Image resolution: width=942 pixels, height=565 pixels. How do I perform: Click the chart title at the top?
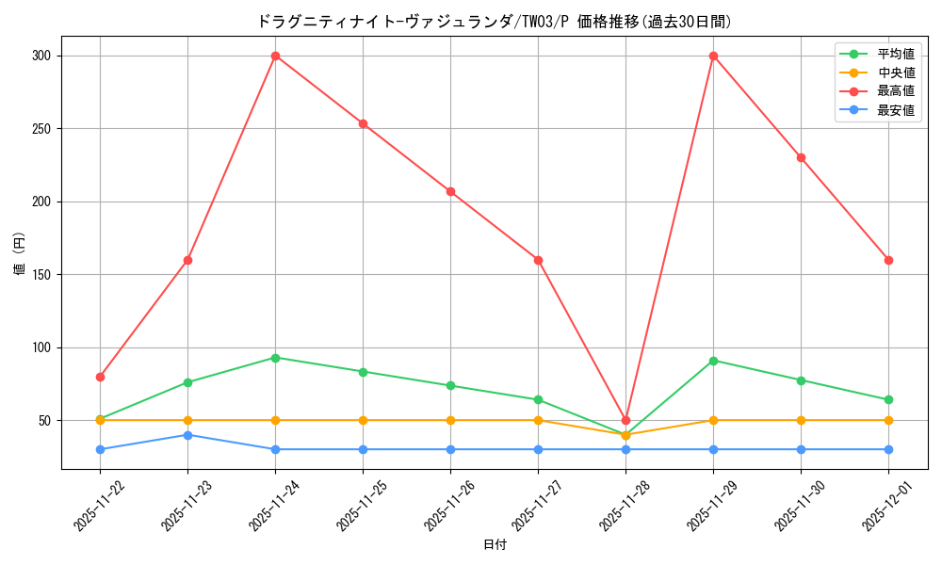pyautogui.click(x=494, y=21)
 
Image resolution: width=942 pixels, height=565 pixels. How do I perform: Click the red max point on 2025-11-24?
pyautogui.click(x=275, y=56)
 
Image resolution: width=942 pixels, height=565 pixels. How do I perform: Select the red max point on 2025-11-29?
pyautogui.click(x=713, y=56)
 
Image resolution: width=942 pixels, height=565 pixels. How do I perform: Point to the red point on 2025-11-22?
pyautogui.click(x=100, y=377)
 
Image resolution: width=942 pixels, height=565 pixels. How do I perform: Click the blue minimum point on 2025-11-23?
pyautogui.click(x=187, y=435)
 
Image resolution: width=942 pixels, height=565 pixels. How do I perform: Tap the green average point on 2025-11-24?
pyautogui.click(x=275, y=358)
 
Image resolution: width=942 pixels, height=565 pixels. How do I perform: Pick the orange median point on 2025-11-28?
pyautogui.click(x=625, y=435)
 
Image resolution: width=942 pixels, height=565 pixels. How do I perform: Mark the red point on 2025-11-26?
pyautogui.click(x=450, y=191)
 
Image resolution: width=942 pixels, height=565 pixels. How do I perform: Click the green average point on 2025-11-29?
pyautogui.click(x=713, y=361)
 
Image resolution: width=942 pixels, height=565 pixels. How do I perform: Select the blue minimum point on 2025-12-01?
pyautogui.click(x=888, y=449)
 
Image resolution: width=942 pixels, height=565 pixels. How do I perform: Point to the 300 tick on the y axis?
pyautogui.click(x=42, y=56)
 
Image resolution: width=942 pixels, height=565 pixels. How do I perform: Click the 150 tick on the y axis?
pyautogui.click(x=42, y=275)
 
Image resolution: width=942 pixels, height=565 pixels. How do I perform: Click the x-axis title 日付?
pyautogui.click(x=495, y=545)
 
